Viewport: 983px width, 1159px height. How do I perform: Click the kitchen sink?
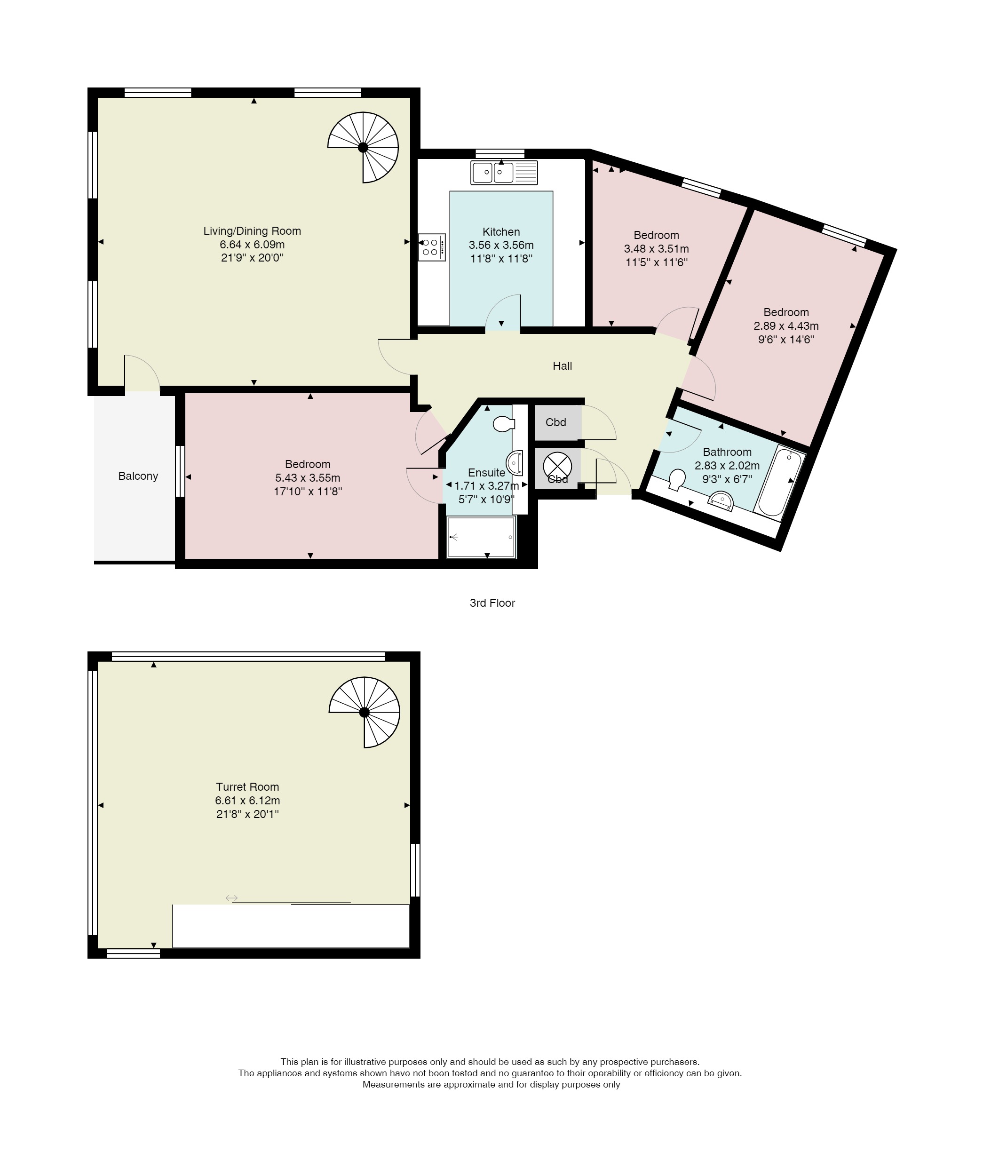[x=504, y=172]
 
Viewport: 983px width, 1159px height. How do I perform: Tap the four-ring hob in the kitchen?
[x=432, y=247]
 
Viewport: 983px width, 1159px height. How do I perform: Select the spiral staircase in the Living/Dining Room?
[x=363, y=147]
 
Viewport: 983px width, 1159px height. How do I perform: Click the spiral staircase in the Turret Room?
[x=365, y=712]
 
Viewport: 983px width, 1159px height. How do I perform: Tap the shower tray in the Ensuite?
[x=482, y=537]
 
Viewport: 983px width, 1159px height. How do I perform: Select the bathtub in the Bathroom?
[x=780, y=483]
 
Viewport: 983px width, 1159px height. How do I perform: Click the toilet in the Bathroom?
[x=676, y=480]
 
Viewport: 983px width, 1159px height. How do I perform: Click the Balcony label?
[x=138, y=476]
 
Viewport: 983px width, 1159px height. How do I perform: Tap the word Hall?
[x=562, y=365]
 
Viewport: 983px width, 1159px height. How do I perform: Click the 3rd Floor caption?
[x=492, y=603]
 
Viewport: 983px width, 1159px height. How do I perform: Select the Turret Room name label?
[x=247, y=787]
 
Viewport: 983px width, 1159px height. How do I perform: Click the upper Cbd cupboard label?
[x=555, y=422]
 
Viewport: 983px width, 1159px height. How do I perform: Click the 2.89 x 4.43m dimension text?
[x=786, y=326]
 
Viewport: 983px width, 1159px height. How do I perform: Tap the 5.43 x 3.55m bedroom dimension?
[x=308, y=478]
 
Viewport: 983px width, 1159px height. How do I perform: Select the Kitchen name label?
[x=501, y=232]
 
